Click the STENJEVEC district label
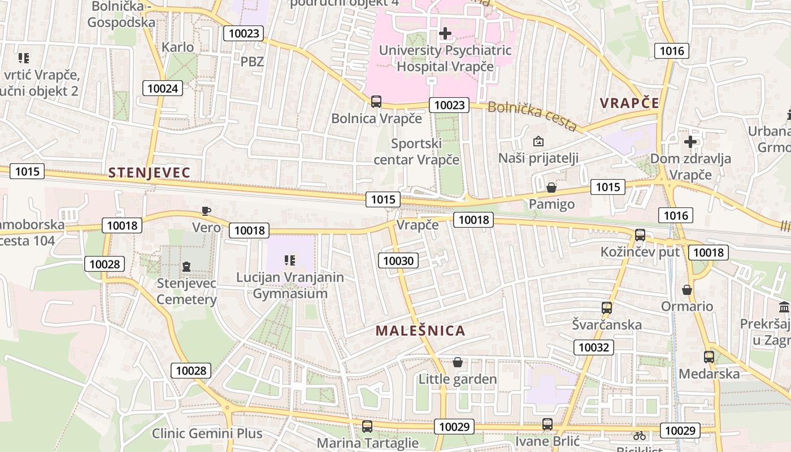pyautogui.click(x=149, y=173)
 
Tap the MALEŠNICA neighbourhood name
pyautogui.click(x=420, y=331)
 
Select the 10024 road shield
pyautogui.click(x=163, y=88)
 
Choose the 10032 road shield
pyautogui.click(x=594, y=347)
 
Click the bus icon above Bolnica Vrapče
pyautogui.click(x=376, y=102)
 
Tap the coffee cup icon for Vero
pyautogui.click(x=206, y=211)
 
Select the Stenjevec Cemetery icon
pyautogui.click(x=186, y=266)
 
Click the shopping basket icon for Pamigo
pyautogui.click(x=551, y=187)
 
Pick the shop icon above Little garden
pyautogui.click(x=458, y=362)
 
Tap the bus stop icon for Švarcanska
pyautogui.click(x=607, y=308)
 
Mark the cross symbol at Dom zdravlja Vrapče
pyautogui.click(x=690, y=142)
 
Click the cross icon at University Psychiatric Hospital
pyautogui.click(x=445, y=33)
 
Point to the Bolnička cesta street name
pyautogui.click(x=532, y=115)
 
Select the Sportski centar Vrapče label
pyautogui.click(x=417, y=151)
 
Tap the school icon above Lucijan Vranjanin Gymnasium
pyautogui.click(x=290, y=260)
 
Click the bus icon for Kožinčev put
pyautogui.click(x=640, y=235)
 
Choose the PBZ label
pyautogui.click(x=252, y=62)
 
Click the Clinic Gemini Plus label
pyautogui.click(x=207, y=434)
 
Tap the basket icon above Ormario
pyautogui.click(x=687, y=290)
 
